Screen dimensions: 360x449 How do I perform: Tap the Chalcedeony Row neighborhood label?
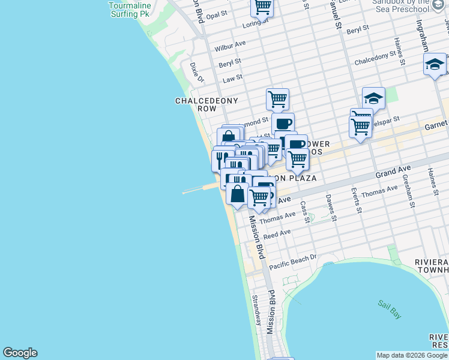click(x=206, y=105)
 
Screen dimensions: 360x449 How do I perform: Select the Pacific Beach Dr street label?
click(x=292, y=262)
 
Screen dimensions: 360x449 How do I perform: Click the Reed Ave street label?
click(x=277, y=234)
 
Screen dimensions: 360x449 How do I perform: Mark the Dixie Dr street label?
click(x=197, y=72)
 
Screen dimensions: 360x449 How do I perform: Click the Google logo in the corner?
click(x=20, y=353)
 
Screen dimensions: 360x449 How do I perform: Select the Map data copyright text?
click(x=412, y=355)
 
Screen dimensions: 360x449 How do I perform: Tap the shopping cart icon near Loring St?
click(x=262, y=7)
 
